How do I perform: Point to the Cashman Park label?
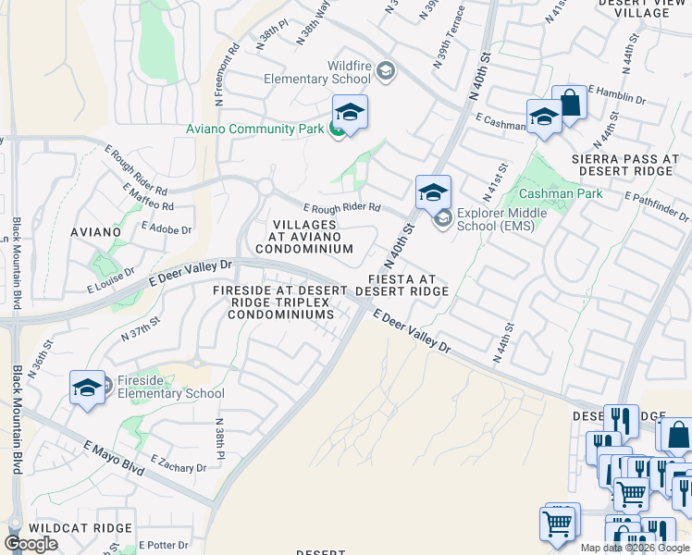(561, 193)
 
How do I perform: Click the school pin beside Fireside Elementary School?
(87, 388)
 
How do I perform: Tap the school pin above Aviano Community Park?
(350, 114)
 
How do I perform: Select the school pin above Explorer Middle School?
(433, 192)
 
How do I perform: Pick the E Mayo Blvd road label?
(113, 458)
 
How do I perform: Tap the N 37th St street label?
(141, 328)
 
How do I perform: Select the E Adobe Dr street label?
(167, 228)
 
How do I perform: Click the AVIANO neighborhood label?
(95, 231)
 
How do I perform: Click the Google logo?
(31, 544)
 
